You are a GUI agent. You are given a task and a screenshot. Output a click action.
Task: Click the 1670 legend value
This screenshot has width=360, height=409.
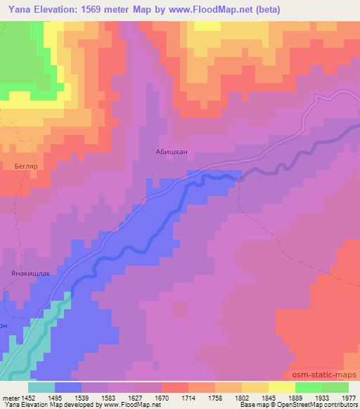162,397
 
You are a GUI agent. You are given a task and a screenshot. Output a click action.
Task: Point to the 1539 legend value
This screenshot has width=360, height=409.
82,397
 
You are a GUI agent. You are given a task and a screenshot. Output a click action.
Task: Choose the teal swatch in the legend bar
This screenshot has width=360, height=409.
41,387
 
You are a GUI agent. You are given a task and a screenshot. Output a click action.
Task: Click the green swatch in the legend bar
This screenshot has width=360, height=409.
309,387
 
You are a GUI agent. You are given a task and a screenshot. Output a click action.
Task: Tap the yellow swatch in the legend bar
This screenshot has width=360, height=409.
282,387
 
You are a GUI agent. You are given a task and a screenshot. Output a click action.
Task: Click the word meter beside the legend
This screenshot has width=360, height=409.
9,397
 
